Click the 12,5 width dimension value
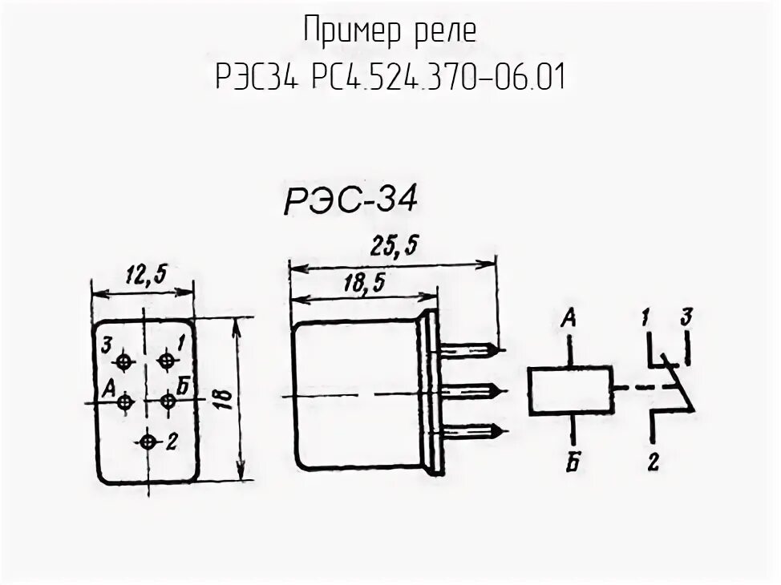[x=145, y=275]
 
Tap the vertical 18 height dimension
[x=225, y=398]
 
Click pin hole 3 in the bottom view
[x=123, y=362]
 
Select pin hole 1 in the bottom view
[x=165, y=361]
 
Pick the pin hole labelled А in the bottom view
[x=123, y=401]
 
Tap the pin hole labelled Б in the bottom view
[x=165, y=400]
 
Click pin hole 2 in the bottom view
[x=147, y=442]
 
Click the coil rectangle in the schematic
[x=570, y=390]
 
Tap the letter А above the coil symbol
[x=570, y=319]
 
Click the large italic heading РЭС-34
[x=350, y=200]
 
